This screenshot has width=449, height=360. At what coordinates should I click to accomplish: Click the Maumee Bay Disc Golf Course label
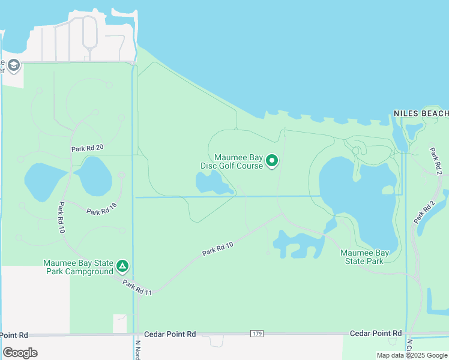(x=231, y=161)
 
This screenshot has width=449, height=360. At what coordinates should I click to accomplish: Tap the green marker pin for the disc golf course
(x=272, y=160)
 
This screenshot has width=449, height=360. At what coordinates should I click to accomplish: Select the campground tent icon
(x=122, y=265)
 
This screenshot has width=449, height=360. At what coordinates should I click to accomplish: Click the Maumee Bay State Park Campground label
(x=78, y=267)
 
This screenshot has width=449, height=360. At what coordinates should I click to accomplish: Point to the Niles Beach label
(x=421, y=113)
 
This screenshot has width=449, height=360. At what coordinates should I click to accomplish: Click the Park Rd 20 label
(x=88, y=148)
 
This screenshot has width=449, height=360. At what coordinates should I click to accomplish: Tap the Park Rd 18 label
(x=101, y=211)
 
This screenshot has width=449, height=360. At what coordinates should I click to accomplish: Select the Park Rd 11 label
(x=137, y=287)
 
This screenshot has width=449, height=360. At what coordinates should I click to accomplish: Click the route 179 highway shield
(x=257, y=333)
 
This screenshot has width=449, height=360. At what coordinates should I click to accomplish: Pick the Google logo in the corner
(x=20, y=352)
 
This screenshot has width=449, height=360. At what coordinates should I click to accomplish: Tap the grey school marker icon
(x=13, y=65)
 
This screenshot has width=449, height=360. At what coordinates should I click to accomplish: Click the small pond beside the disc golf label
(x=210, y=183)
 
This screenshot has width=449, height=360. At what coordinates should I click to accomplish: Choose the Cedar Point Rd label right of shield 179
(x=376, y=333)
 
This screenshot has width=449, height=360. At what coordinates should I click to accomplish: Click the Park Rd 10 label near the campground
(x=61, y=218)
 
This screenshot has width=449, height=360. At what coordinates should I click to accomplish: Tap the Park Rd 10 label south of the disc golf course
(x=217, y=245)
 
